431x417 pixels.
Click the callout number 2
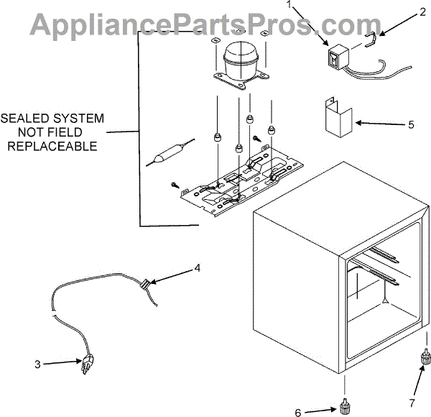(402, 12)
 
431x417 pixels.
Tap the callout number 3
(37, 365)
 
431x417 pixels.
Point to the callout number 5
(410, 124)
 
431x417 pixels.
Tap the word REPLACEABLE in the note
(52, 145)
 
